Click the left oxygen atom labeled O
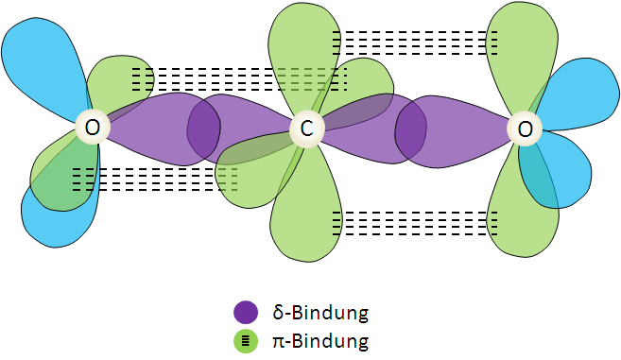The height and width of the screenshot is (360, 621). coord(92,127)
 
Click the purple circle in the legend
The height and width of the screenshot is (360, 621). coord(246,312)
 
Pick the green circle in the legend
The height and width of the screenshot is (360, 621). coord(246,340)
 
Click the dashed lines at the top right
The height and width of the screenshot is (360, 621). coord(415,43)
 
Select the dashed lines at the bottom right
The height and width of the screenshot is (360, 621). coord(415,223)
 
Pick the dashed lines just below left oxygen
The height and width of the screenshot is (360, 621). coord(151,179)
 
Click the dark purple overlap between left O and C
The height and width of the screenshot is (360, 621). coord(204,128)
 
